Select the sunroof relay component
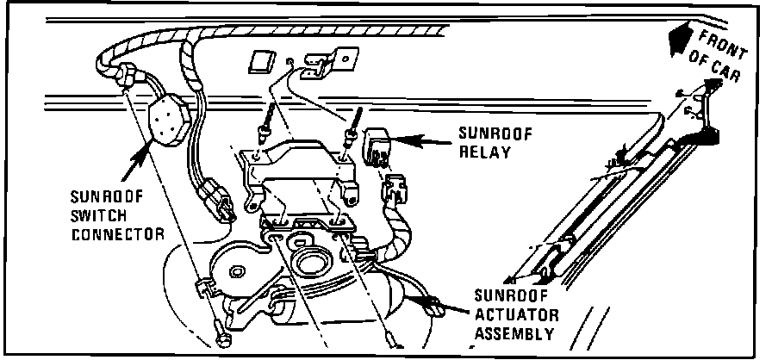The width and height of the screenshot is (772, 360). (x=379, y=144)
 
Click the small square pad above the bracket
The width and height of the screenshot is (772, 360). (x=260, y=61)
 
